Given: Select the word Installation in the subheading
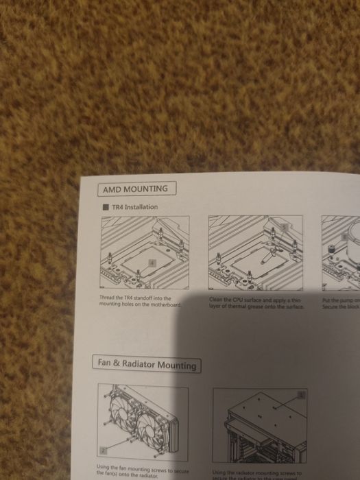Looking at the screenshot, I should click(140, 206).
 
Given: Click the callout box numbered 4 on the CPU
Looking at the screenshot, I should click(153, 263).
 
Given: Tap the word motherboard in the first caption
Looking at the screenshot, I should click(166, 304).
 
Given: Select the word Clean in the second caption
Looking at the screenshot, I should click(216, 300).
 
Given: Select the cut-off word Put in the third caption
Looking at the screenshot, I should click(326, 300).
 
